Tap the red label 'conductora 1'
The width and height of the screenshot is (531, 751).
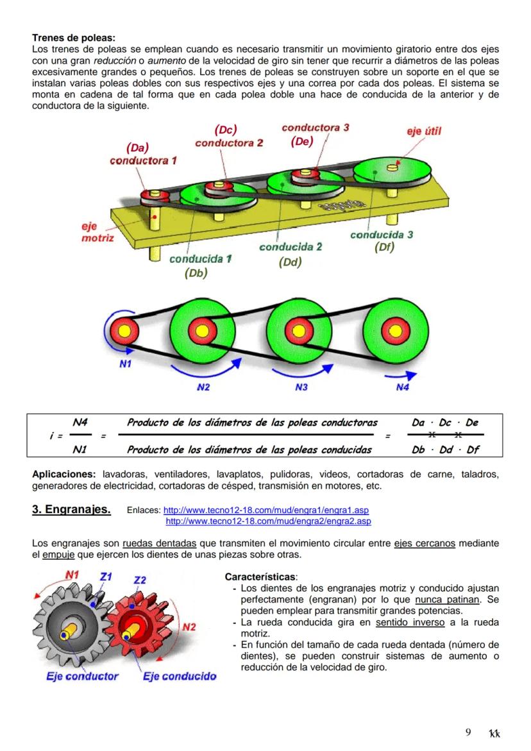[x=143, y=160]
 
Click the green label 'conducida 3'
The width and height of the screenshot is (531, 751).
[x=382, y=235]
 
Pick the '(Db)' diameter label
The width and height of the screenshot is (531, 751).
[x=196, y=273]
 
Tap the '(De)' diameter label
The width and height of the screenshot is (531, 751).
[x=302, y=142]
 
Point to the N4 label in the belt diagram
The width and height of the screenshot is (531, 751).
[x=402, y=387]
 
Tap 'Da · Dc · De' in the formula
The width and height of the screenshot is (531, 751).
[x=445, y=423]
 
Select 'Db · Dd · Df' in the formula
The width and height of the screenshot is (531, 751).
[x=445, y=450]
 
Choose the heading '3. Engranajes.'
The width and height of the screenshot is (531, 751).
[x=71, y=511]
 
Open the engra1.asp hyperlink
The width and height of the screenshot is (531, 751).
[x=266, y=511]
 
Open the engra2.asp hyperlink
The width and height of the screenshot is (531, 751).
[x=268, y=521]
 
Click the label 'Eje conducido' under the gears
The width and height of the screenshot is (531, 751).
[x=179, y=676]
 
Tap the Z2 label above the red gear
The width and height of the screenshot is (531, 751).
[x=140, y=580]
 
